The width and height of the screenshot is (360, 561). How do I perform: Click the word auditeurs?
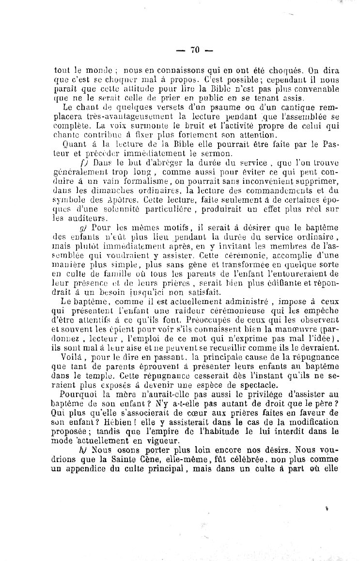click(73, 218)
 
